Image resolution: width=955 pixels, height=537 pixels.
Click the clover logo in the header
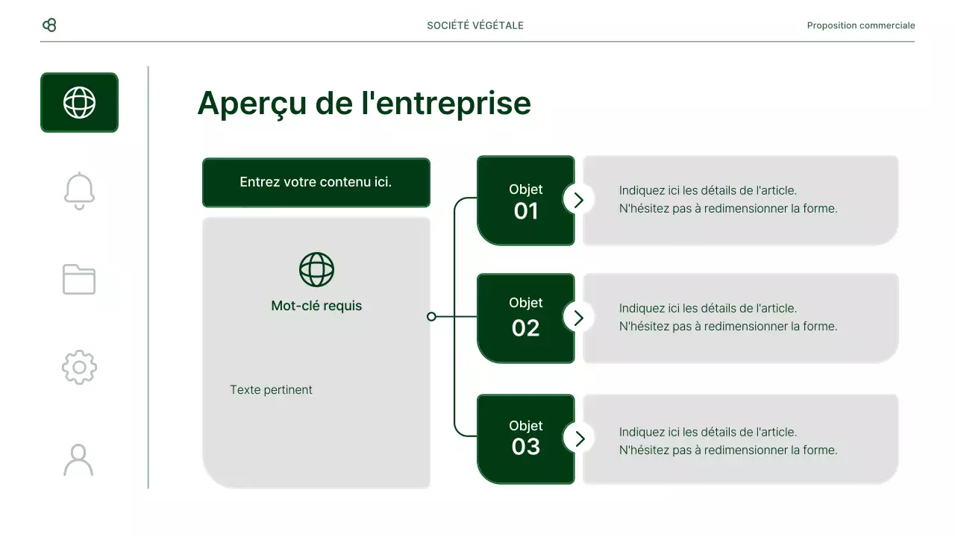click(49, 25)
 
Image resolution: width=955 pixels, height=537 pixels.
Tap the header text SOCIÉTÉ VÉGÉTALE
click(475, 25)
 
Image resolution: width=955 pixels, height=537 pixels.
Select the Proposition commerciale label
click(860, 25)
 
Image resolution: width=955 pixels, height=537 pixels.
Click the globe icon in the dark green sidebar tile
click(79, 102)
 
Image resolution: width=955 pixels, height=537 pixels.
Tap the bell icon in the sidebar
click(79, 191)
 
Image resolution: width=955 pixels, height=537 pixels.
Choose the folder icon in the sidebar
click(79, 279)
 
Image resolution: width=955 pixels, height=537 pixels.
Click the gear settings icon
click(79, 367)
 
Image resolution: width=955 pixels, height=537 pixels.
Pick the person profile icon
click(78, 459)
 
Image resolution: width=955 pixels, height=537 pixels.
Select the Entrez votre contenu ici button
click(316, 182)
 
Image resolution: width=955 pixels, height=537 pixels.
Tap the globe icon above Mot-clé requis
click(316, 269)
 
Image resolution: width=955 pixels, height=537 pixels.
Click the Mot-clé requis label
click(316, 306)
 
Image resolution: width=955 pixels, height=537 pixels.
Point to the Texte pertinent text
click(271, 390)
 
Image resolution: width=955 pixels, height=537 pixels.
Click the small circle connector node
click(431, 317)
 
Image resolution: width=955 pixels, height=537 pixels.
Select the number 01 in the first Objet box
click(526, 212)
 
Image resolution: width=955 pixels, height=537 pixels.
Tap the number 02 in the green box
click(526, 328)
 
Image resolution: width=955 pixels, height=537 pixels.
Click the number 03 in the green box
click(526, 447)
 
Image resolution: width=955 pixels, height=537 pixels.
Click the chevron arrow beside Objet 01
click(578, 199)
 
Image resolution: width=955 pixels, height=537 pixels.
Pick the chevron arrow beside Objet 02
click(578, 318)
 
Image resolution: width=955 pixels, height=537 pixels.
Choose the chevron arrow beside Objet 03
click(578, 438)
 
